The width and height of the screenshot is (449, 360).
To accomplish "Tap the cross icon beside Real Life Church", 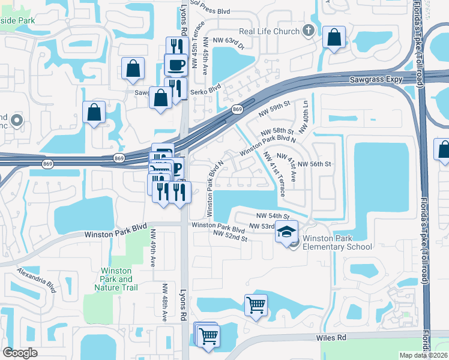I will click(x=309, y=31).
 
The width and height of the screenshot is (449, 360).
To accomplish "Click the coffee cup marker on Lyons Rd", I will click(x=176, y=65).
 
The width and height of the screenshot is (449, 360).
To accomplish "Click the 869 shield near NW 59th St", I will click(x=238, y=109).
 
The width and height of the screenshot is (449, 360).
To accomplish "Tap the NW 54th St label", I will click(x=273, y=215).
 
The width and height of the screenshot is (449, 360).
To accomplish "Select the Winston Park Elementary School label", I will click(x=337, y=242).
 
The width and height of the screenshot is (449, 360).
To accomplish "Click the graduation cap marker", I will click(x=287, y=231).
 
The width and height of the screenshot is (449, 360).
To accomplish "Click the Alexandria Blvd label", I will click(x=37, y=280).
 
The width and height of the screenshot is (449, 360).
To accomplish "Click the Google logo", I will click(x=20, y=353).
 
